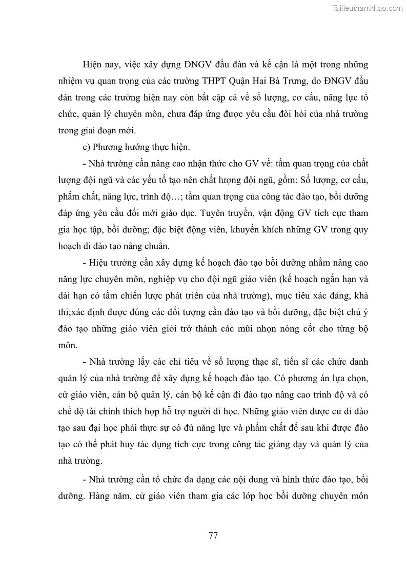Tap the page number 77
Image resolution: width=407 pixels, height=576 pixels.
pyautogui.click(x=213, y=535)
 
